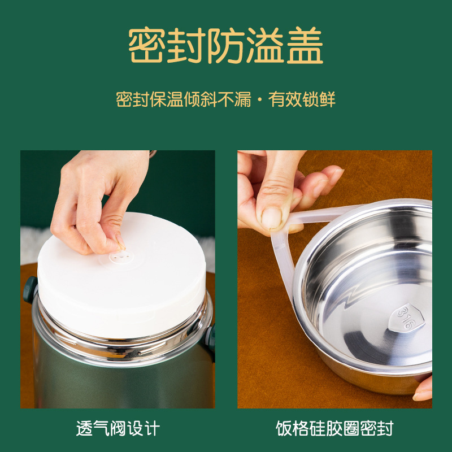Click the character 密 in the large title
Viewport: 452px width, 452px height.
point(147,45)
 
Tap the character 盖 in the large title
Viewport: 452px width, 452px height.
point(305,45)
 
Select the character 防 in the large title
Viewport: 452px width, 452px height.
point(226,45)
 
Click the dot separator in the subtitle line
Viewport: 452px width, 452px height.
point(260,100)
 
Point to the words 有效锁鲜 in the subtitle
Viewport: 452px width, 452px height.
point(302,99)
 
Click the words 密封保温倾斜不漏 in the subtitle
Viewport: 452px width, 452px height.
point(184,99)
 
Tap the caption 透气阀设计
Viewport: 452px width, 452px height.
point(118,428)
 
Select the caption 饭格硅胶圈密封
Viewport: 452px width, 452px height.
point(334,428)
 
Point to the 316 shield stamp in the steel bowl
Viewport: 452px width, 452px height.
point(406,318)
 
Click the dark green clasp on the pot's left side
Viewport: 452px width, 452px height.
point(30,289)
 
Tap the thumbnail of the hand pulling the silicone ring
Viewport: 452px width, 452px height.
point(334,279)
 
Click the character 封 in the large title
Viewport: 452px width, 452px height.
point(186,45)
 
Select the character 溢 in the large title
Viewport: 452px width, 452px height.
point(265,45)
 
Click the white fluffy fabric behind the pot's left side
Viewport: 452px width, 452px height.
point(32,246)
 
